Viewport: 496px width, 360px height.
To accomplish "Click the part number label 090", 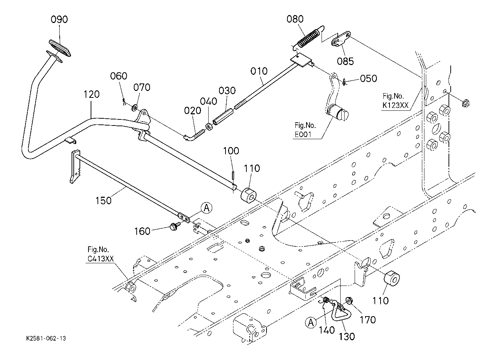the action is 59,19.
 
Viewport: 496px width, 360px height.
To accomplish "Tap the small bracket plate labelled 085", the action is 341,40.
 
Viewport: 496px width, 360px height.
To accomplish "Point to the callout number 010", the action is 259,71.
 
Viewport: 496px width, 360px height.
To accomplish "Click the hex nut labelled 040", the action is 209,127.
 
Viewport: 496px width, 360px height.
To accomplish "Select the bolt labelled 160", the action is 174,227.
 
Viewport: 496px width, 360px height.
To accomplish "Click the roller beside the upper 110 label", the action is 249,195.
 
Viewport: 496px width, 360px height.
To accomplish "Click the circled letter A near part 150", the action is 206,208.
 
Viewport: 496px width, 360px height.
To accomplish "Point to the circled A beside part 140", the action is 311,323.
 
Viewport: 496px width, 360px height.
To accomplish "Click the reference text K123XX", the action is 395,105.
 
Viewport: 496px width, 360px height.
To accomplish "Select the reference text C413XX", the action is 100,259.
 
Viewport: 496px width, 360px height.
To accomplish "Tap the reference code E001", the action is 303,135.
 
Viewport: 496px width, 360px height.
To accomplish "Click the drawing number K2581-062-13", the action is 46,338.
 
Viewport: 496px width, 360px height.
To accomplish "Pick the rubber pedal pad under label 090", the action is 60,48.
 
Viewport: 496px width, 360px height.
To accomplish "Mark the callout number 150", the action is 103,201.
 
